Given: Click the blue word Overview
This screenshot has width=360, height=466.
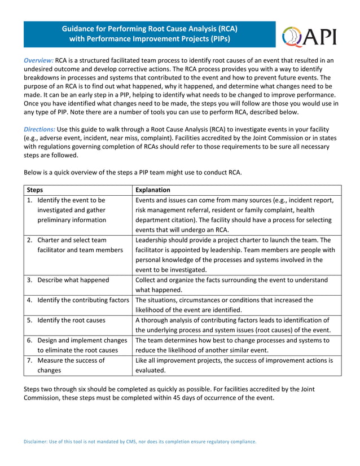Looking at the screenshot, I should coord(38,60).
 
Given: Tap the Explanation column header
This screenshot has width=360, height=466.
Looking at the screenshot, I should coord(153,190).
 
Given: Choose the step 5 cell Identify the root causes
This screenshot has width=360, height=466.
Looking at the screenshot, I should coord(71,320).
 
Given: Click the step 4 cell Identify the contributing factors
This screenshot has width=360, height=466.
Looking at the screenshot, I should coord(83,300).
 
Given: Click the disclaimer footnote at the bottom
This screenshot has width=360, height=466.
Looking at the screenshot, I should coord(140,442).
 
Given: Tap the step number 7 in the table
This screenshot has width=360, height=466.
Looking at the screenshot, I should coord(29,361).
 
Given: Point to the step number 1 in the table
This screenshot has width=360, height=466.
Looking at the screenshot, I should coord(29,200).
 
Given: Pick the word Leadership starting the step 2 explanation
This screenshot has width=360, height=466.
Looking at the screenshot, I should coord(154,240).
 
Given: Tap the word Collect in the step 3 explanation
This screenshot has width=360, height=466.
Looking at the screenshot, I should coord(147,280).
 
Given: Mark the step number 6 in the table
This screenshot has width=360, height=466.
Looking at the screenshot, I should coord(29,340).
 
